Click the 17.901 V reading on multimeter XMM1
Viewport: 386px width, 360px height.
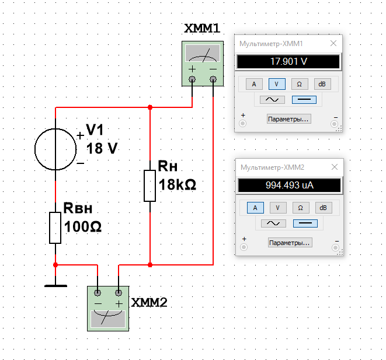point(288,61)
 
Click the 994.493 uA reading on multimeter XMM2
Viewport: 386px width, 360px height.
point(290,185)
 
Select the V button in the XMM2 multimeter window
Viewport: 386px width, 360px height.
point(278,208)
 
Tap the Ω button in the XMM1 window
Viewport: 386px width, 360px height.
point(300,84)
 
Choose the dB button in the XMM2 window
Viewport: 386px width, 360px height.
point(324,208)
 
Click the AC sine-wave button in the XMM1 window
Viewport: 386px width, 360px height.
point(272,100)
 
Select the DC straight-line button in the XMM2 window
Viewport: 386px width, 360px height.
point(305,223)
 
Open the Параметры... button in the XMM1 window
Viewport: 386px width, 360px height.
point(288,119)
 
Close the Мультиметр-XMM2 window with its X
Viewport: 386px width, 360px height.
point(335,167)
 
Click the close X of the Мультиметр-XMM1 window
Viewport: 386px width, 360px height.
point(333,44)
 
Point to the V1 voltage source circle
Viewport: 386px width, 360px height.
point(34,149)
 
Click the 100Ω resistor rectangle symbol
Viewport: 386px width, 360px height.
point(55,228)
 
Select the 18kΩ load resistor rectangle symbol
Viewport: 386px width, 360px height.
point(150,186)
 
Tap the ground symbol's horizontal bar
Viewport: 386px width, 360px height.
point(55,286)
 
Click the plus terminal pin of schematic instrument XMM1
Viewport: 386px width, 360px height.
point(192,79)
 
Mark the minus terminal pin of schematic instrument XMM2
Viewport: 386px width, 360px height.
point(98,293)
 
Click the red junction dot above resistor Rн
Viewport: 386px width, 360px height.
point(150,107)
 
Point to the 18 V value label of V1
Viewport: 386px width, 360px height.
point(102,148)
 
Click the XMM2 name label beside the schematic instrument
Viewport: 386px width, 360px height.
point(149,302)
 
